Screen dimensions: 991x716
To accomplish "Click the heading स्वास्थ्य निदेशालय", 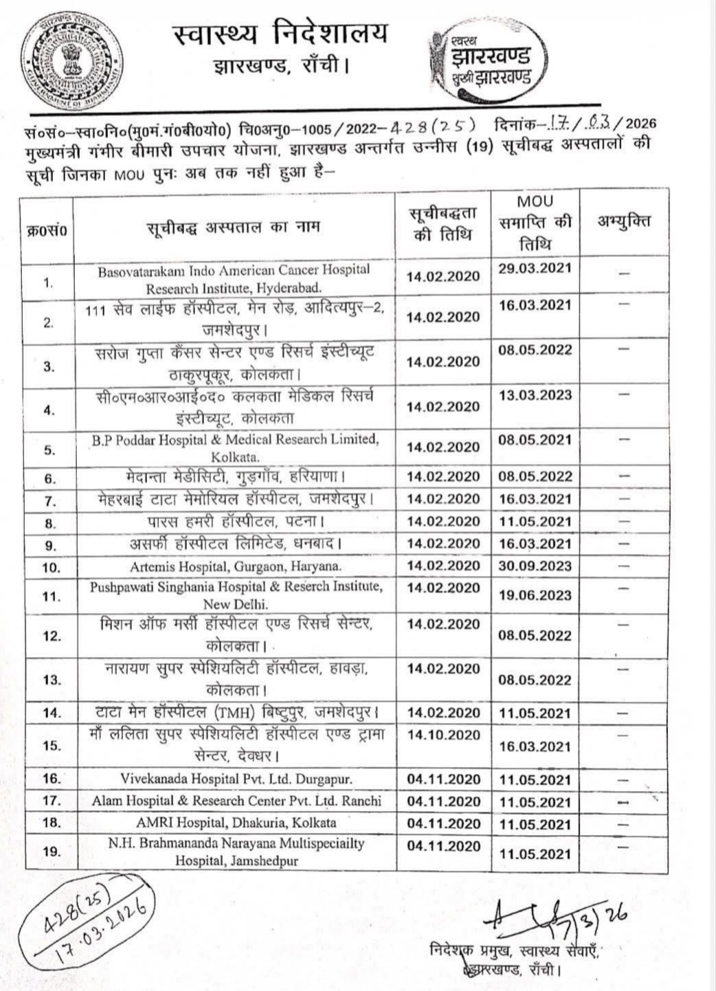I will pos(280,34).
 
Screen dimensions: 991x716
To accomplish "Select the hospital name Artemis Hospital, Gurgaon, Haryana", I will pos(235,567).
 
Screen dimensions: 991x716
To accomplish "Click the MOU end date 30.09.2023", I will pos(535,566).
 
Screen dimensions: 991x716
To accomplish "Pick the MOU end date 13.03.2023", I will pos(535,395).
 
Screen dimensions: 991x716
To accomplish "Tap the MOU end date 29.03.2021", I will pos(535,268).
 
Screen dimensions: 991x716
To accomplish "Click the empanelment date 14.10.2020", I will pos(444,735).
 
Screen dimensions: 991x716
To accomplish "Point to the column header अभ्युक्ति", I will pos(623,221).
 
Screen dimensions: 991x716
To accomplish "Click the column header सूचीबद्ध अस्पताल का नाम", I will pos(234,227).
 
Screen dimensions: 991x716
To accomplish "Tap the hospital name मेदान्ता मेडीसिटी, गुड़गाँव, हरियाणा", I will pos(236,476).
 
